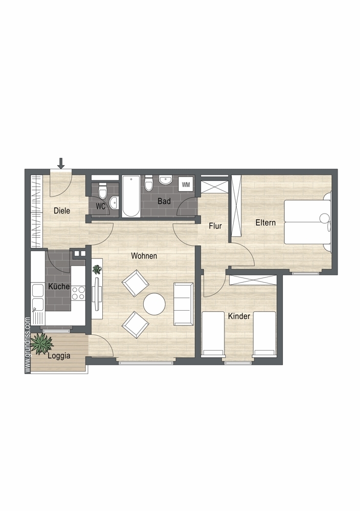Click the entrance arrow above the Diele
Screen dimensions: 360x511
[61, 164]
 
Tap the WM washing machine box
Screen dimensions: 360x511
[186, 184]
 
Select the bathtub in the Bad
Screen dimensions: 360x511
[131, 197]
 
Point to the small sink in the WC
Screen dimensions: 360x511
[114, 203]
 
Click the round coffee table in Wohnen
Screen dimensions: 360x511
[154, 304]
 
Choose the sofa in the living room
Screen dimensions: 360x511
[183, 304]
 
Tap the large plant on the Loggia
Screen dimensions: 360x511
[43, 344]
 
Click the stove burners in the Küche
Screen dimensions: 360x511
[78, 293]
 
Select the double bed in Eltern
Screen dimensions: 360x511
[307, 222]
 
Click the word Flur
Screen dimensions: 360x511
[215, 226]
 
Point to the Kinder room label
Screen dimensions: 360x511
[239, 316]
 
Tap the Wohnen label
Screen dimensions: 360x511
[144, 256]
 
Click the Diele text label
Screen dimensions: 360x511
[62, 211]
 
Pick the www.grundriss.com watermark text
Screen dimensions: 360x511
[28, 345]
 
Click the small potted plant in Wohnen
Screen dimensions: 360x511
[97, 269]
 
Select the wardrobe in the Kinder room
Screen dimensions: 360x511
[253, 280]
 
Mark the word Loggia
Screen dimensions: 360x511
[59, 356]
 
